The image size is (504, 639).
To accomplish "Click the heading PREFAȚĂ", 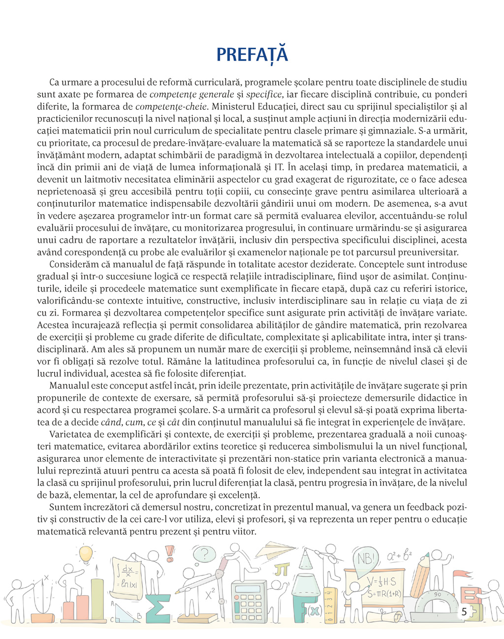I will tap(252, 54).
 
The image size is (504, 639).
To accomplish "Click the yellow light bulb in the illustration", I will tap(86, 552).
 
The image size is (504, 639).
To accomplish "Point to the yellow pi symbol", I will tap(282, 570).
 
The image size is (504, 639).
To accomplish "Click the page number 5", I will tap(464, 612).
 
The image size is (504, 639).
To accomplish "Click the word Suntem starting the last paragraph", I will tap(64, 507).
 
